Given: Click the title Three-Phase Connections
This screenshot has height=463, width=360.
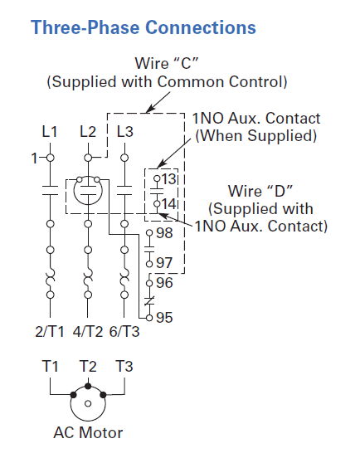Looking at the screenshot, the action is coord(144,27).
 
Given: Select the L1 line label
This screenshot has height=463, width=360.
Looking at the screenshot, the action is coord(50,131).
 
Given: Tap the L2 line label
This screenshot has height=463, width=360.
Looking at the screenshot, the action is coord(88,131).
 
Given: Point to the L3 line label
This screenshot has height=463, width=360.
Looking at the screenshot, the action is coord(125,131).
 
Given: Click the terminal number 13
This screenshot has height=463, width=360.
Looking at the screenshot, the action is coord(168,179).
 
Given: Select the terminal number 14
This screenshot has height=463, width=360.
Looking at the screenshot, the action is coord(168,204).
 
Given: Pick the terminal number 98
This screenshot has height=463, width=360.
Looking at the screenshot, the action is coord(164,233).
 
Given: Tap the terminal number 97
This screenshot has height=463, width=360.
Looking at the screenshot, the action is coord(164,263).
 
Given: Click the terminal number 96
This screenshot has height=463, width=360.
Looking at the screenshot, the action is coord(164,283).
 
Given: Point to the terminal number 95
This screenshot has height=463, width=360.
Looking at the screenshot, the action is coord(164,318).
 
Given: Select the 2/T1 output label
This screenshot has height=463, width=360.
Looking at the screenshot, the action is coord(50,332).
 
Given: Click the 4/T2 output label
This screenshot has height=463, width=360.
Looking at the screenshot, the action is coord(88,332).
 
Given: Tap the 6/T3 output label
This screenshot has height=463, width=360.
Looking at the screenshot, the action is coord(124,332).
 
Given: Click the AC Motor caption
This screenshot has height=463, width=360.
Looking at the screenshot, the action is coord(88,433).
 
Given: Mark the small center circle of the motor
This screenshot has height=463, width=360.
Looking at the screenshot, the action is coord(88,403).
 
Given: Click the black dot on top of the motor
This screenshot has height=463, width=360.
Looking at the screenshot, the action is coord(88,386).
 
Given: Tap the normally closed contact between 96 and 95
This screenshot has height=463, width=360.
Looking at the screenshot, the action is coord(149,301).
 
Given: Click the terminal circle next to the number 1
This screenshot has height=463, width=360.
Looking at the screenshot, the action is coord(51,158).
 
